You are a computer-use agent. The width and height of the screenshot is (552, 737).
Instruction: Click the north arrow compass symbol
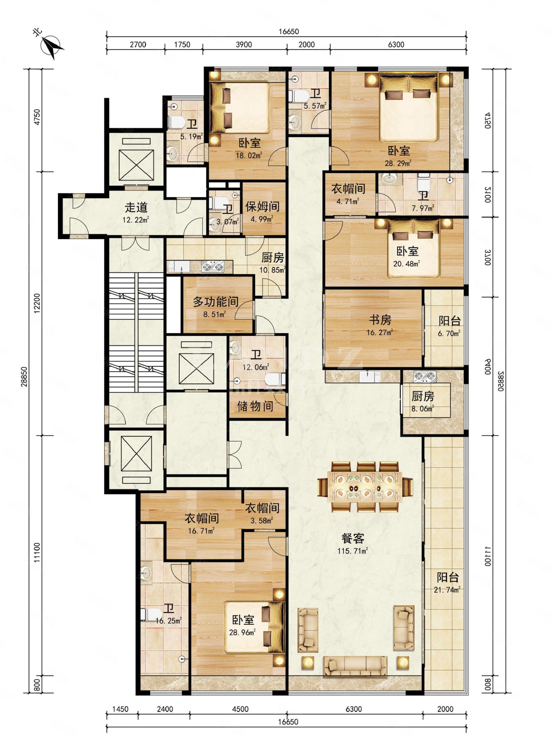tap(52, 47)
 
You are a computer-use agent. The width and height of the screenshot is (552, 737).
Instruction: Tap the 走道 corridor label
tap(136, 207)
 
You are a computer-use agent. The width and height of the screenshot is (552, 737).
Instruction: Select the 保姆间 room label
tap(263, 206)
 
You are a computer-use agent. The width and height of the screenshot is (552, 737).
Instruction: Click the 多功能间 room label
tap(216, 302)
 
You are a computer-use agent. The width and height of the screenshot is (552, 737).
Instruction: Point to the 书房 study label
tap(380, 320)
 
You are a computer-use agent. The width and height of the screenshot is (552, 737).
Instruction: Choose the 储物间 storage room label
tap(255, 406)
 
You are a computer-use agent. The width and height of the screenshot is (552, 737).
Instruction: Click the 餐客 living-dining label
tap(353, 538)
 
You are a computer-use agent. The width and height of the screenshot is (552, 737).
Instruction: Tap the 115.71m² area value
tap(353, 551)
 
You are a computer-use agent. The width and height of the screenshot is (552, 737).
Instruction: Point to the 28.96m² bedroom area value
tap(243, 632)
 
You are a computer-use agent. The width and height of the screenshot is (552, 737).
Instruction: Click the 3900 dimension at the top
tap(244, 45)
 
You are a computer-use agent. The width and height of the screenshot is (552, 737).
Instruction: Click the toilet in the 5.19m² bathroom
tap(174, 122)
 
